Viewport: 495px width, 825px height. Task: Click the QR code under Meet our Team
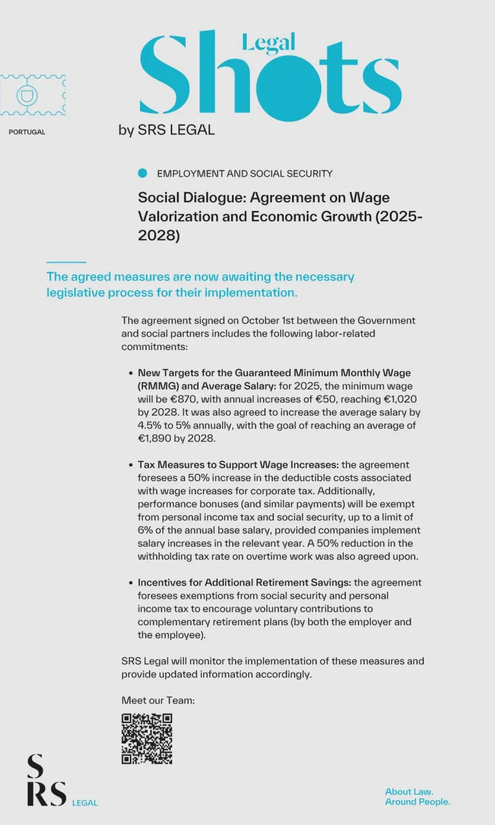(x=147, y=738)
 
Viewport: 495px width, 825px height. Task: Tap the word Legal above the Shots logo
(x=268, y=41)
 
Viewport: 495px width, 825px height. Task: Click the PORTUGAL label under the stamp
(x=27, y=132)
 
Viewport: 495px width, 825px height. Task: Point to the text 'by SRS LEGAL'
(x=166, y=130)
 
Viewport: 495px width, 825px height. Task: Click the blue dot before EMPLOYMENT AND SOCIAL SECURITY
(x=143, y=174)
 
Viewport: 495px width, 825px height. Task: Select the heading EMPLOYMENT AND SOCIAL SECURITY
(x=244, y=174)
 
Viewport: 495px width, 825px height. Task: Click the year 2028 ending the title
(x=159, y=236)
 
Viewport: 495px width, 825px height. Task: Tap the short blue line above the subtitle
(x=66, y=262)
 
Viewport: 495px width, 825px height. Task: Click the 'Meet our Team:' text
(x=158, y=700)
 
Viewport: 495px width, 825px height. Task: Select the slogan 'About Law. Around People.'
(x=418, y=797)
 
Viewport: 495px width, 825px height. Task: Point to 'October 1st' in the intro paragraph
(x=268, y=320)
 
